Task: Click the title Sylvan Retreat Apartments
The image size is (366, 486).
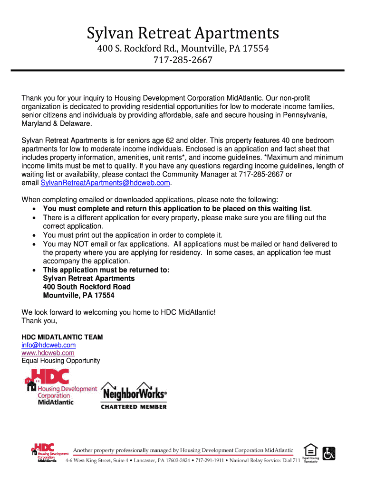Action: pyautogui.click(x=183, y=34)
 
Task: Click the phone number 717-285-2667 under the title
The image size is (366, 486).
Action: pyautogui.click(x=183, y=60)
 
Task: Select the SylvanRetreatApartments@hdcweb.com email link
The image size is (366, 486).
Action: pyautogui.click(x=106, y=183)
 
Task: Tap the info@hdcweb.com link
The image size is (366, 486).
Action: pyautogui.click(x=48, y=345)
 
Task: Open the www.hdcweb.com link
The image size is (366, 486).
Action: pyautogui.click(x=48, y=353)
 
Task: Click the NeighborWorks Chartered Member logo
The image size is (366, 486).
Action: pyautogui.click(x=134, y=395)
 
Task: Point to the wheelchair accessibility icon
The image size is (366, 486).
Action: pyautogui.click(x=328, y=453)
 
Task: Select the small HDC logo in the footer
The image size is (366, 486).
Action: pyautogui.click(x=44, y=453)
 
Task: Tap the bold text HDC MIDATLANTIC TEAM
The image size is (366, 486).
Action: pyautogui.click(x=62, y=337)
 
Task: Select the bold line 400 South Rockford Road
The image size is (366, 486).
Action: pyautogui.click(x=87, y=287)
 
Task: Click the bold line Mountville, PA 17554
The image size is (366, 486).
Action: pyautogui.click(x=78, y=295)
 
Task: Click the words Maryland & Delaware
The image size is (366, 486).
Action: pyautogui.click(x=56, y=123)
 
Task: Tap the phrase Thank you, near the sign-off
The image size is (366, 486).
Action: pyautogui.click(x=39, y=320)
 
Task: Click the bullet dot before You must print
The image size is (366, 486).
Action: pyautogui.click(x=35, y=235)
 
